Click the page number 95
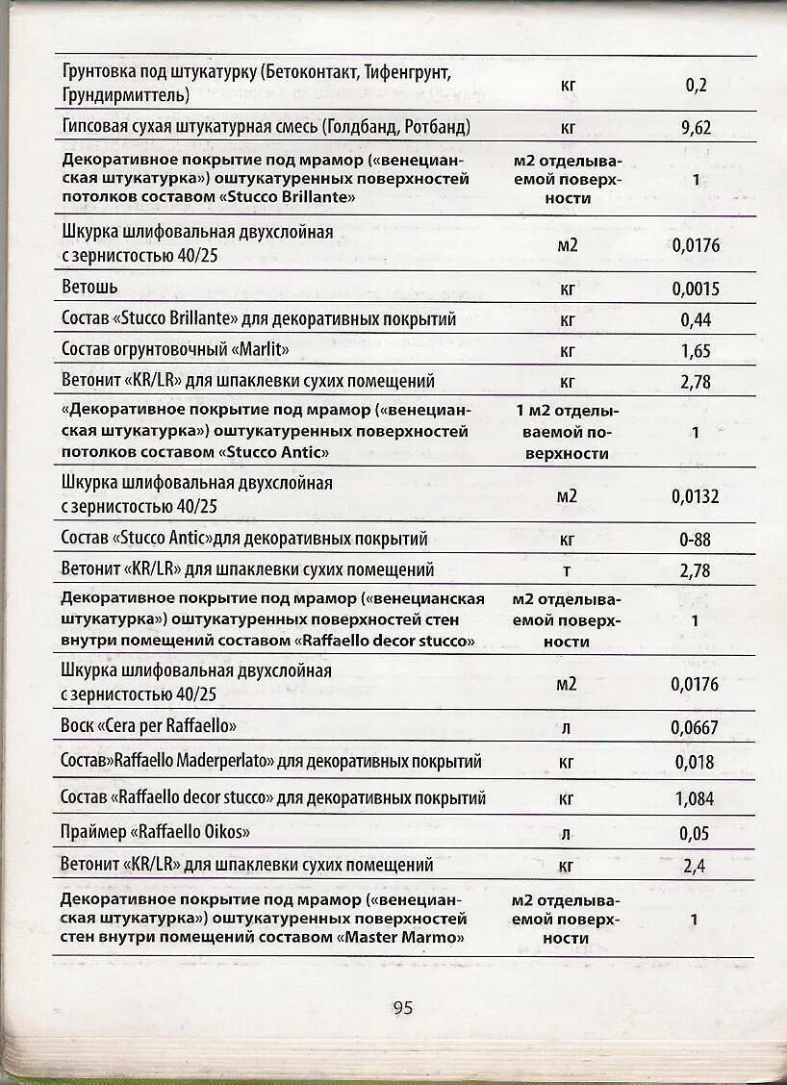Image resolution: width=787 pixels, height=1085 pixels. (402, 1008)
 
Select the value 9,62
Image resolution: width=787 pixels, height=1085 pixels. (696, 127)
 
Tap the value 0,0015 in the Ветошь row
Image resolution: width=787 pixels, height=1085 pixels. (696, 289)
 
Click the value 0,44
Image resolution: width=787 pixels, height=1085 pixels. (696, 319)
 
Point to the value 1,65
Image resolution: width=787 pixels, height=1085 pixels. (696, 350)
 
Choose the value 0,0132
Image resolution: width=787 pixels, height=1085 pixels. (696, 496)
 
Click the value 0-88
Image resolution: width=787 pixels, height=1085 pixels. (695, 540)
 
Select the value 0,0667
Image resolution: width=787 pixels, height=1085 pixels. (695, 727)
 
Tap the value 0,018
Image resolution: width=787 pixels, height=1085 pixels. (695, 762)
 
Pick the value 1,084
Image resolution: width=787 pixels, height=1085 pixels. (695, 797)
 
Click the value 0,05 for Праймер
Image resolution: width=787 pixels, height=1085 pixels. (695, 833)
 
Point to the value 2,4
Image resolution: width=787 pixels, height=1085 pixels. (695, 866)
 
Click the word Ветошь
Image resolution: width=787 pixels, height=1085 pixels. (89, 288)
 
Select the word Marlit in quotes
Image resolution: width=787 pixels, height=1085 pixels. (257, 349)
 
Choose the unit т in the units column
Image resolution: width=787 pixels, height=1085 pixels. (567, 570)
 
